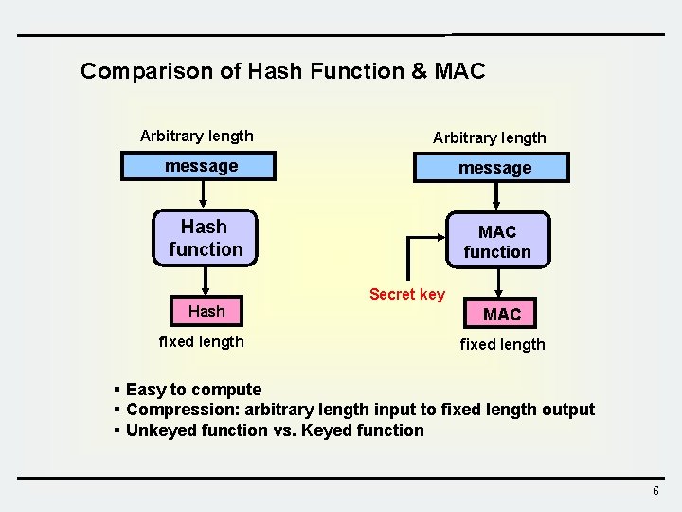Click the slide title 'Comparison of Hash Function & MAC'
(x=282, y=71)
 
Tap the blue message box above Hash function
(x=201, y=167)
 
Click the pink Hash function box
(x=206, y=237)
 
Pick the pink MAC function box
(x=497, y=242)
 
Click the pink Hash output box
(x=206, y=311)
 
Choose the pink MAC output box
(x=502, y=314)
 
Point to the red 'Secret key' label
(x=406, y=294)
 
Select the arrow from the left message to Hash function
(x=203, y=193)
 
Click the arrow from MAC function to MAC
(x=498, y=283)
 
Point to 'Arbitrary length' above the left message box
(x=196, y=136)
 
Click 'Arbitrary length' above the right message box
(x=489, y=137)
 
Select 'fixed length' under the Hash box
(x=201, y=341)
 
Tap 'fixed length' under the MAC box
(x=502, y=344)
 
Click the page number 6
(x=655, y=490)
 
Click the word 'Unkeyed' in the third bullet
(x=159, y=430)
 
